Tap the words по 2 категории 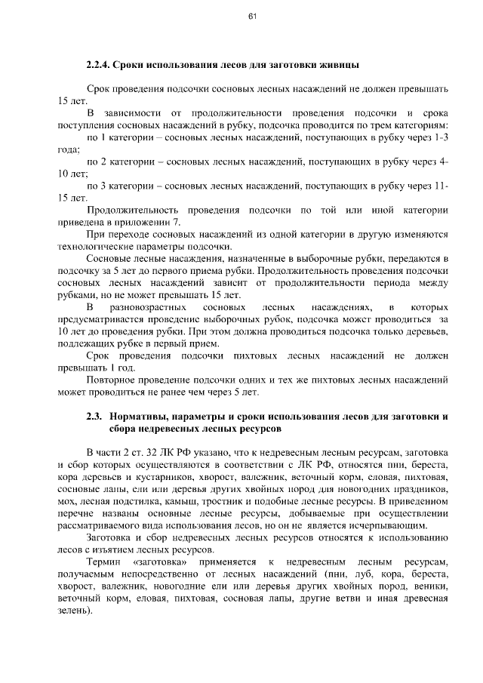pyautogui.click(x=118, y=162)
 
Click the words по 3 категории pyautogui.click(x=118, y=186)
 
